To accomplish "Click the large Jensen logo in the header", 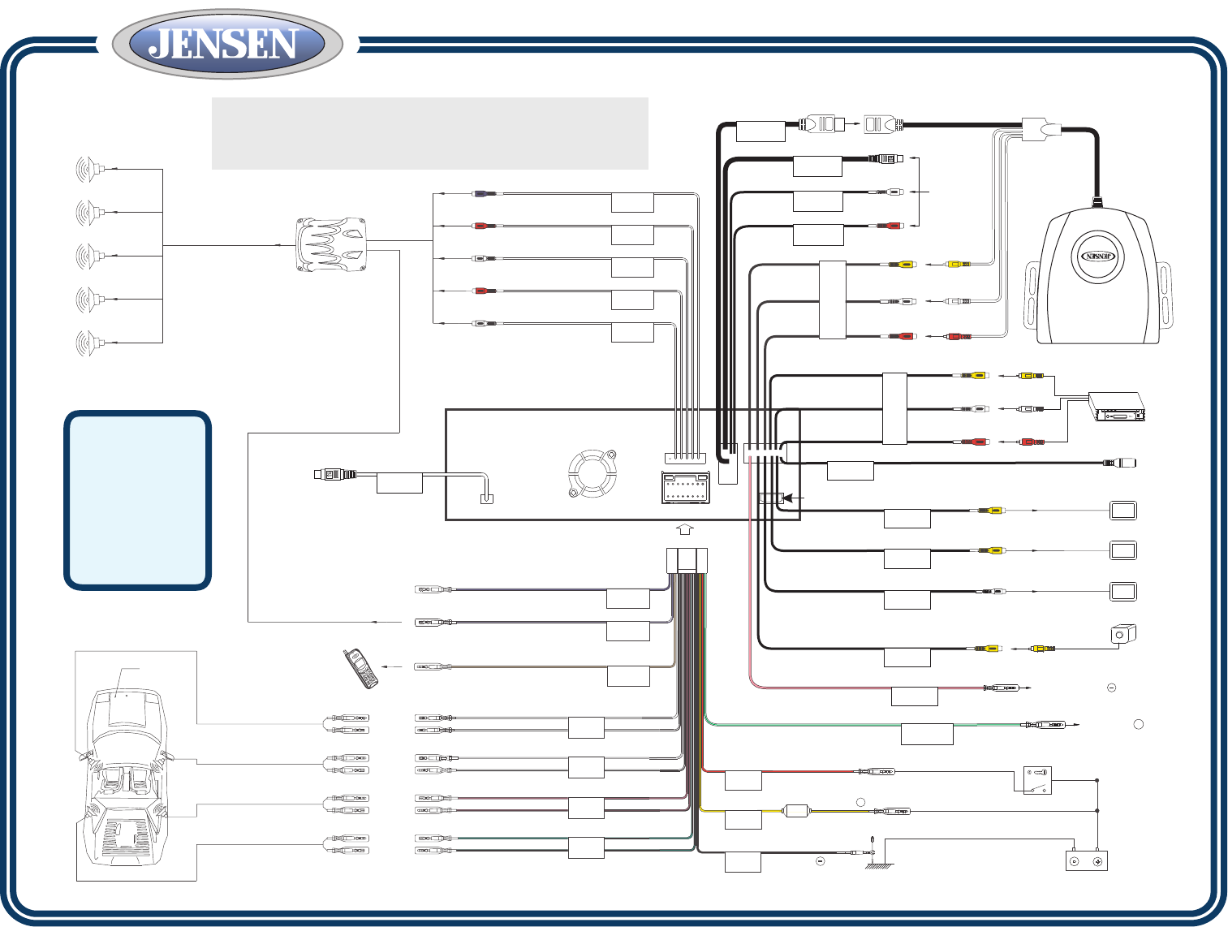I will click(x=227, y=45).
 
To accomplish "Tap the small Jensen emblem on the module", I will click(x=1098, y=257).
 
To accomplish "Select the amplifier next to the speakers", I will click(x=330, y=244).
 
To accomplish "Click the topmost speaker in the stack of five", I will click(x=88, y=170).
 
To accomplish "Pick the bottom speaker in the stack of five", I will click(x=88, y=343).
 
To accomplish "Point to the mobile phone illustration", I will click(x=360, y=668).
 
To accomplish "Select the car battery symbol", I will click(x=1086, y=860).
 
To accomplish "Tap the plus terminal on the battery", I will click(x=1097, y=862).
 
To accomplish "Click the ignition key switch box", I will click(x=1037, y=781).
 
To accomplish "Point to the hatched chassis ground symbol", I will click(x=877, y=864).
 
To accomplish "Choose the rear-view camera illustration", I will click(x=1123, y=634).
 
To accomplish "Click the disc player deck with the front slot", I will click(x=1117, y=407).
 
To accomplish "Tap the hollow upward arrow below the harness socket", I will click(x=685, y=528).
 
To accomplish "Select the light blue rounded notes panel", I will click(x=137, y=500).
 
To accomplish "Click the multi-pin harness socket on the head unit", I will click(x=686, y=488).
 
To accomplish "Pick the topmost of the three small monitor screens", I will click(x=1123, y=511).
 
